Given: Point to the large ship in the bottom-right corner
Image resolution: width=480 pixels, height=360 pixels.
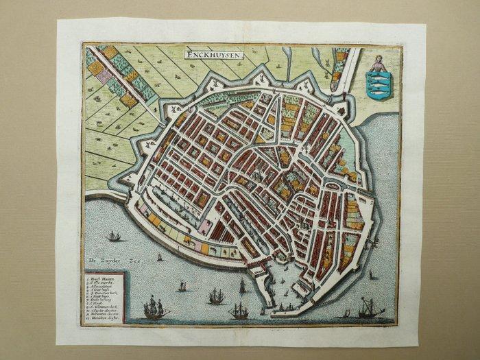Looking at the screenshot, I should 371,310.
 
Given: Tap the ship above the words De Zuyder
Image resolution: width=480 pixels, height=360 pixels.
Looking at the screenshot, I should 115,237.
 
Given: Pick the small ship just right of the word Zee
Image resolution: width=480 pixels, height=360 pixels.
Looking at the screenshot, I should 160,257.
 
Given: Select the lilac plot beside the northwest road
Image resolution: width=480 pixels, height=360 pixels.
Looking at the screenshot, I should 104,75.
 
